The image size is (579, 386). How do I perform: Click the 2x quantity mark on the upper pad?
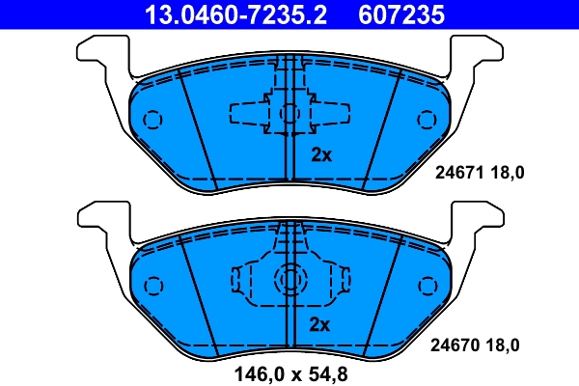320,154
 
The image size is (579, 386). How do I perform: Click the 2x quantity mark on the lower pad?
320,324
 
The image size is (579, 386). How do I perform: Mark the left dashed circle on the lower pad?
152,286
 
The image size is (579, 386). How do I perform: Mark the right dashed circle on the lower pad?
426,286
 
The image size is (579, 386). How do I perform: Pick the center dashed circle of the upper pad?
289,113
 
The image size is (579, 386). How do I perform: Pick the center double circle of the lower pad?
289,280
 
